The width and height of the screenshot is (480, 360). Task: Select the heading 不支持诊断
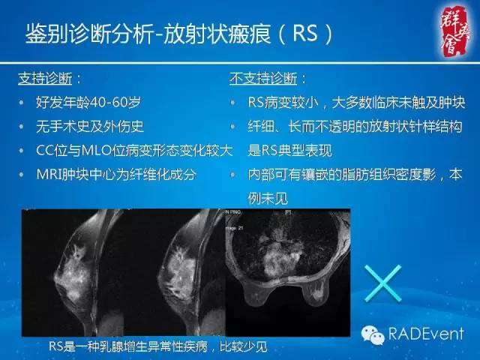click(266, 78)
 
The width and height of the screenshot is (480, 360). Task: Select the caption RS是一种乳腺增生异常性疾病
click(157, 346)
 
